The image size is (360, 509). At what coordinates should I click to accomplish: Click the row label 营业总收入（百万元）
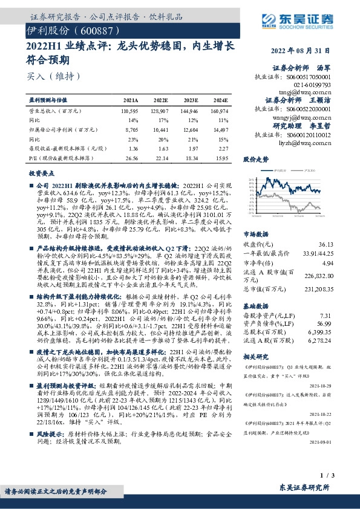coord(55,112)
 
